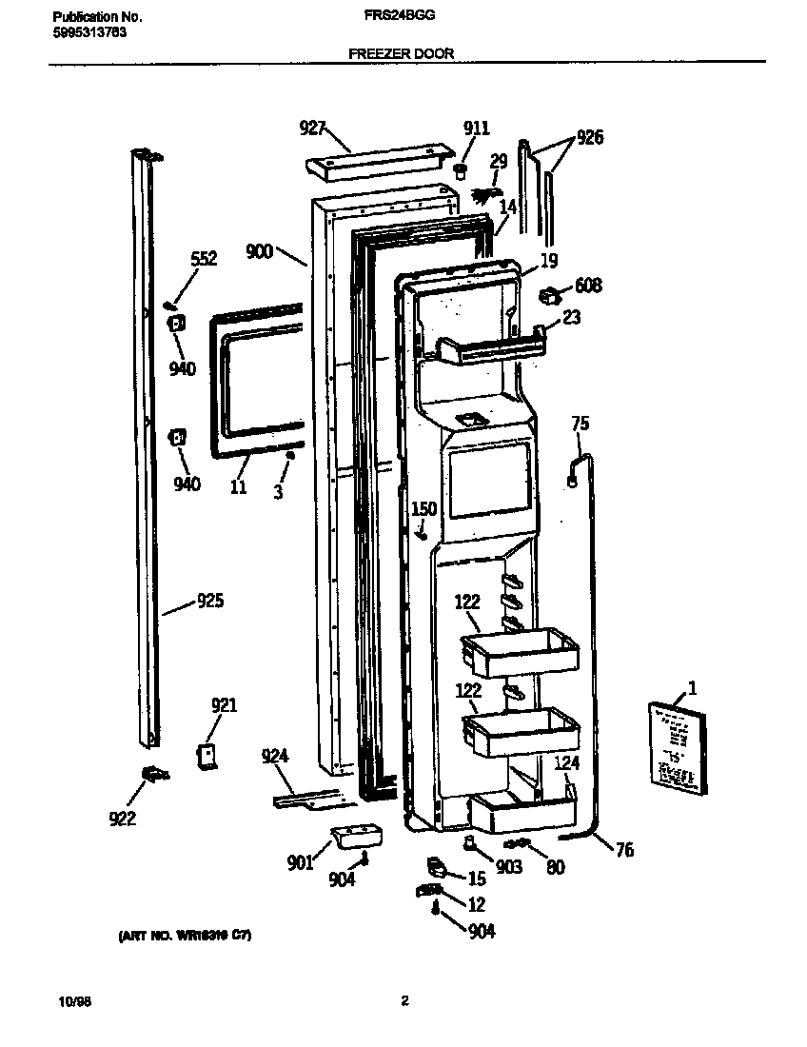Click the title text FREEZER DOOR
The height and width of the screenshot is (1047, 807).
click(x=401, y=54)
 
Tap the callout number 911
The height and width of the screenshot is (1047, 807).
click(x=477, y=128)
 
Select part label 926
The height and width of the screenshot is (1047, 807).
click(x=590, y=138)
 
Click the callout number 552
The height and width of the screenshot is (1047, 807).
click(x=204, y=258)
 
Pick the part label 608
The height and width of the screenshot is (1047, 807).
click(x=588, y=286)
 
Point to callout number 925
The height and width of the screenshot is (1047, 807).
click(x=210, y=601)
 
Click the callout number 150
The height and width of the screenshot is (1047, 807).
click(x=423, y=509)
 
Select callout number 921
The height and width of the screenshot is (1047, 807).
click(x=224, y=705)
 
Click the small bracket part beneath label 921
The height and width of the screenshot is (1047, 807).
click(x=206, y=756)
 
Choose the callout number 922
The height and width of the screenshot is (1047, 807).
click(x=123, y=817)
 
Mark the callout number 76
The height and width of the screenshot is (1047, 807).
click(x=624, y=850)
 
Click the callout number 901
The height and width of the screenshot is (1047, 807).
click(x=301, y=863)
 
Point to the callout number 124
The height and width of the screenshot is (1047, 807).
click(x=567, y=762)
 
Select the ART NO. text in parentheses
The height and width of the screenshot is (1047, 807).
click(x=186, y=937)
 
